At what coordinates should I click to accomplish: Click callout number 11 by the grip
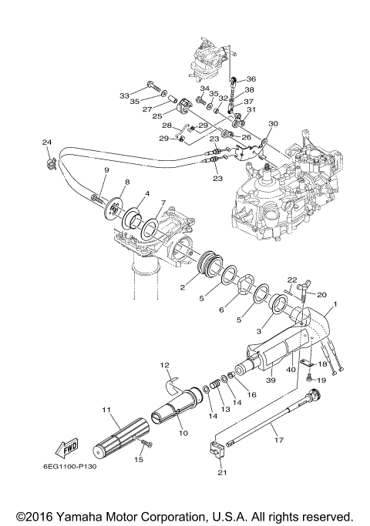(106, 410)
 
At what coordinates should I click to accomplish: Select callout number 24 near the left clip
(46, 142)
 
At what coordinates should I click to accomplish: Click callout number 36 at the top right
(251, 79)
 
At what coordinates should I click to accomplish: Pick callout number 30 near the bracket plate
(273, 124)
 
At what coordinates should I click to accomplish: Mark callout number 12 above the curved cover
(164, 364)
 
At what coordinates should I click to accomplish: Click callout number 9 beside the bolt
(106, 169)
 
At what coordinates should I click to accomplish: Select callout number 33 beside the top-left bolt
(124, 95)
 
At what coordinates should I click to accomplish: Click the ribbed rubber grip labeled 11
(118, 435)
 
